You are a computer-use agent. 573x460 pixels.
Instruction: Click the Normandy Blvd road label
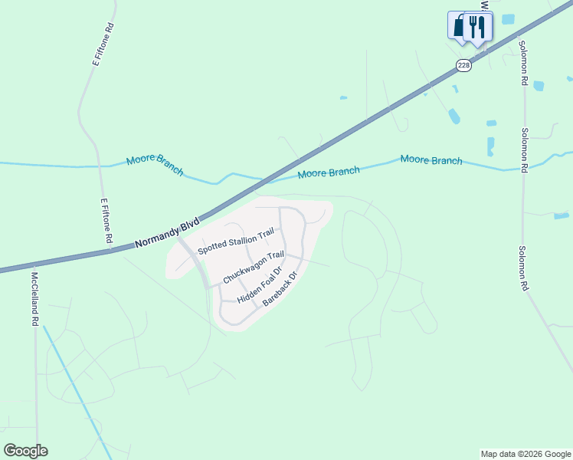(x=166, y=234)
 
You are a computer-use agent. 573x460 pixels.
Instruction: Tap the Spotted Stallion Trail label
(x=235, y=242)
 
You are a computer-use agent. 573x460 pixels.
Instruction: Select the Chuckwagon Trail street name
(x=254, y=266)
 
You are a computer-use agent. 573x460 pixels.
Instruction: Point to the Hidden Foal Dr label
(x=260, y=284)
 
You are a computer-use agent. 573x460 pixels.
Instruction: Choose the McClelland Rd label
(x=34, y=299)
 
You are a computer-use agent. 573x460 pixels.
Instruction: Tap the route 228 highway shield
(x=463, y=65)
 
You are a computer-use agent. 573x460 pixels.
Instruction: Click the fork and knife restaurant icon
(x=478, y=27)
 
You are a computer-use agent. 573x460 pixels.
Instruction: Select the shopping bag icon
(x=458, y=25)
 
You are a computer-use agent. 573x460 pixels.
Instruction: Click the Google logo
(x=25, y=450)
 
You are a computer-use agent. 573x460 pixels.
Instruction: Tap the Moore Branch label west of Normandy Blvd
(x=155, y=163)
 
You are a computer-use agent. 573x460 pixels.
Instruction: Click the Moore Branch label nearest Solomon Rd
(x=431, y=160)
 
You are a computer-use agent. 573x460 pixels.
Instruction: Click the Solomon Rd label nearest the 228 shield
(x=523, y=63)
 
